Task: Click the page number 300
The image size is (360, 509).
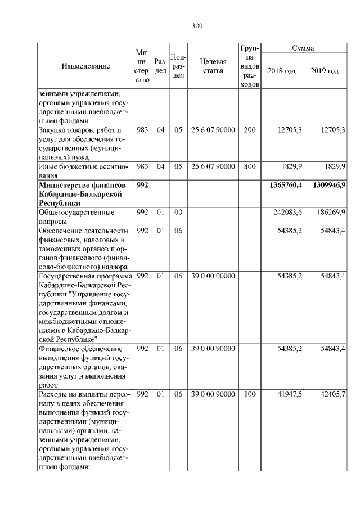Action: click(x=197, y=26)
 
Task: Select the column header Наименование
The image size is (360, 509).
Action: click(x=85, y=66)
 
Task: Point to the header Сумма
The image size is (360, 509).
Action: click(x=303, y=49)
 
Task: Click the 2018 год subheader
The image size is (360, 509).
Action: click(x=282, y=71)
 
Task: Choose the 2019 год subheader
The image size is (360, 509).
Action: click(x=325, y=71)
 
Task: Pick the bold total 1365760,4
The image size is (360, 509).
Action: click(x=286, y=184)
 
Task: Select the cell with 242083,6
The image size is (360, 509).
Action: click(x=287, y=212)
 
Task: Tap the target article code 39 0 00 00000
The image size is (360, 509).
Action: click(x=213, y=276)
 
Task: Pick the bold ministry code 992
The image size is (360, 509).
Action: click(x=142, y=184)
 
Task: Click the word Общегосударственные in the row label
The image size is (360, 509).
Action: click(x=76, y=213)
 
